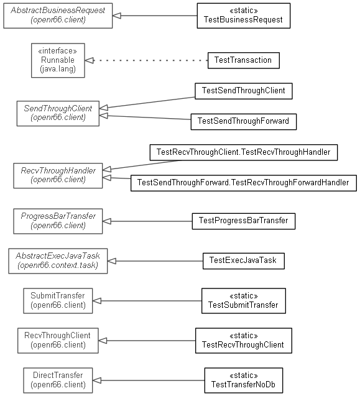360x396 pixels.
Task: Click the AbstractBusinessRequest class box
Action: click(x=58, y=16)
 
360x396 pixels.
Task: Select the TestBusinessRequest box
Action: click(x=244, y=16)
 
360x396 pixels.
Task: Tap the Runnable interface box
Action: click(x=58, y=60)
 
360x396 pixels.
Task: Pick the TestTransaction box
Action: click(x=244, y=60)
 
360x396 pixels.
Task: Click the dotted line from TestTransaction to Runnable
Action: click(x=150, y=61)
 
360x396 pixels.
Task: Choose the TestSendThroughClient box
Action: click(x=244, y=91)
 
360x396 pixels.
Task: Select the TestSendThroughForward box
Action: click(x=244, y=122)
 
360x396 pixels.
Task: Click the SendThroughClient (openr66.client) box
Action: click(x=58, y=113)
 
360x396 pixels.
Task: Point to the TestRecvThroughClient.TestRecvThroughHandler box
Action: click(x=244, y=152)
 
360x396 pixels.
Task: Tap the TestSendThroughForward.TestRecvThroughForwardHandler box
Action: click(x=244, y=183)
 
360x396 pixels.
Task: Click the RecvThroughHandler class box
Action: click(x=58, y=175)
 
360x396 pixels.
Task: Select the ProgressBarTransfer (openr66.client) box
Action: click(x=58, y=221)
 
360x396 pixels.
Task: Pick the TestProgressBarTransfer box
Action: click(x=244, y=221)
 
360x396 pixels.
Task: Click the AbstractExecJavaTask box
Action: click(x=58, y=261)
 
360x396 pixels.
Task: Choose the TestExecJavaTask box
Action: click(x=244, y=261)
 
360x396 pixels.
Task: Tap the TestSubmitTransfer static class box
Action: click(x=244, y=301)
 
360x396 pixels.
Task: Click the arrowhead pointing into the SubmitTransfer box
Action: click(x=97, y=301)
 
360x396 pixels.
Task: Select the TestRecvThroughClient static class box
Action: click(x=244, y=341)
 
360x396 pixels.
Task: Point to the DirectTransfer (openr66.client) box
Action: click(x=58, y=380)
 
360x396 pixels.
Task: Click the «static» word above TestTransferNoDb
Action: click(x=244, y=375)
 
